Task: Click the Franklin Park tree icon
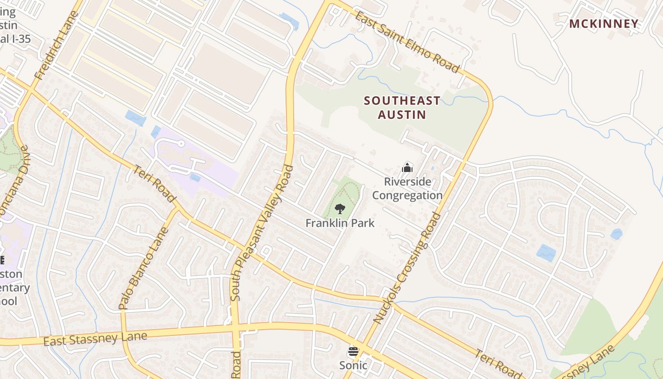(x=340, y=208)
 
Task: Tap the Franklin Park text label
(x=340, y=223)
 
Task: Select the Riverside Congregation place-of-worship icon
(x=407, y=167)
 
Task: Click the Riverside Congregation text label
(x=407, y=189)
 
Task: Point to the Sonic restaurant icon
(x=353, y=352)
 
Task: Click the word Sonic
(x=353, y=365)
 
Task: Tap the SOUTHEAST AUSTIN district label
(x=402, y=108)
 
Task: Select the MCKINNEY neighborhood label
(x=604, y=24)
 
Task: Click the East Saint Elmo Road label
(x=407, y=42)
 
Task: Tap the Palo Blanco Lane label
(x=144, y=268)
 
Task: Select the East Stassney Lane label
(x=95, y=339)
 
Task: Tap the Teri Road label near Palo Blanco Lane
(x=154, y=184)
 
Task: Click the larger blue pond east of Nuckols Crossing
(x=546, y=253)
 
